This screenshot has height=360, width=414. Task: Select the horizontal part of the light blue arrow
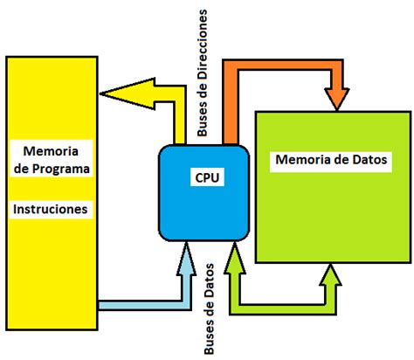(x=140, y=305)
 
